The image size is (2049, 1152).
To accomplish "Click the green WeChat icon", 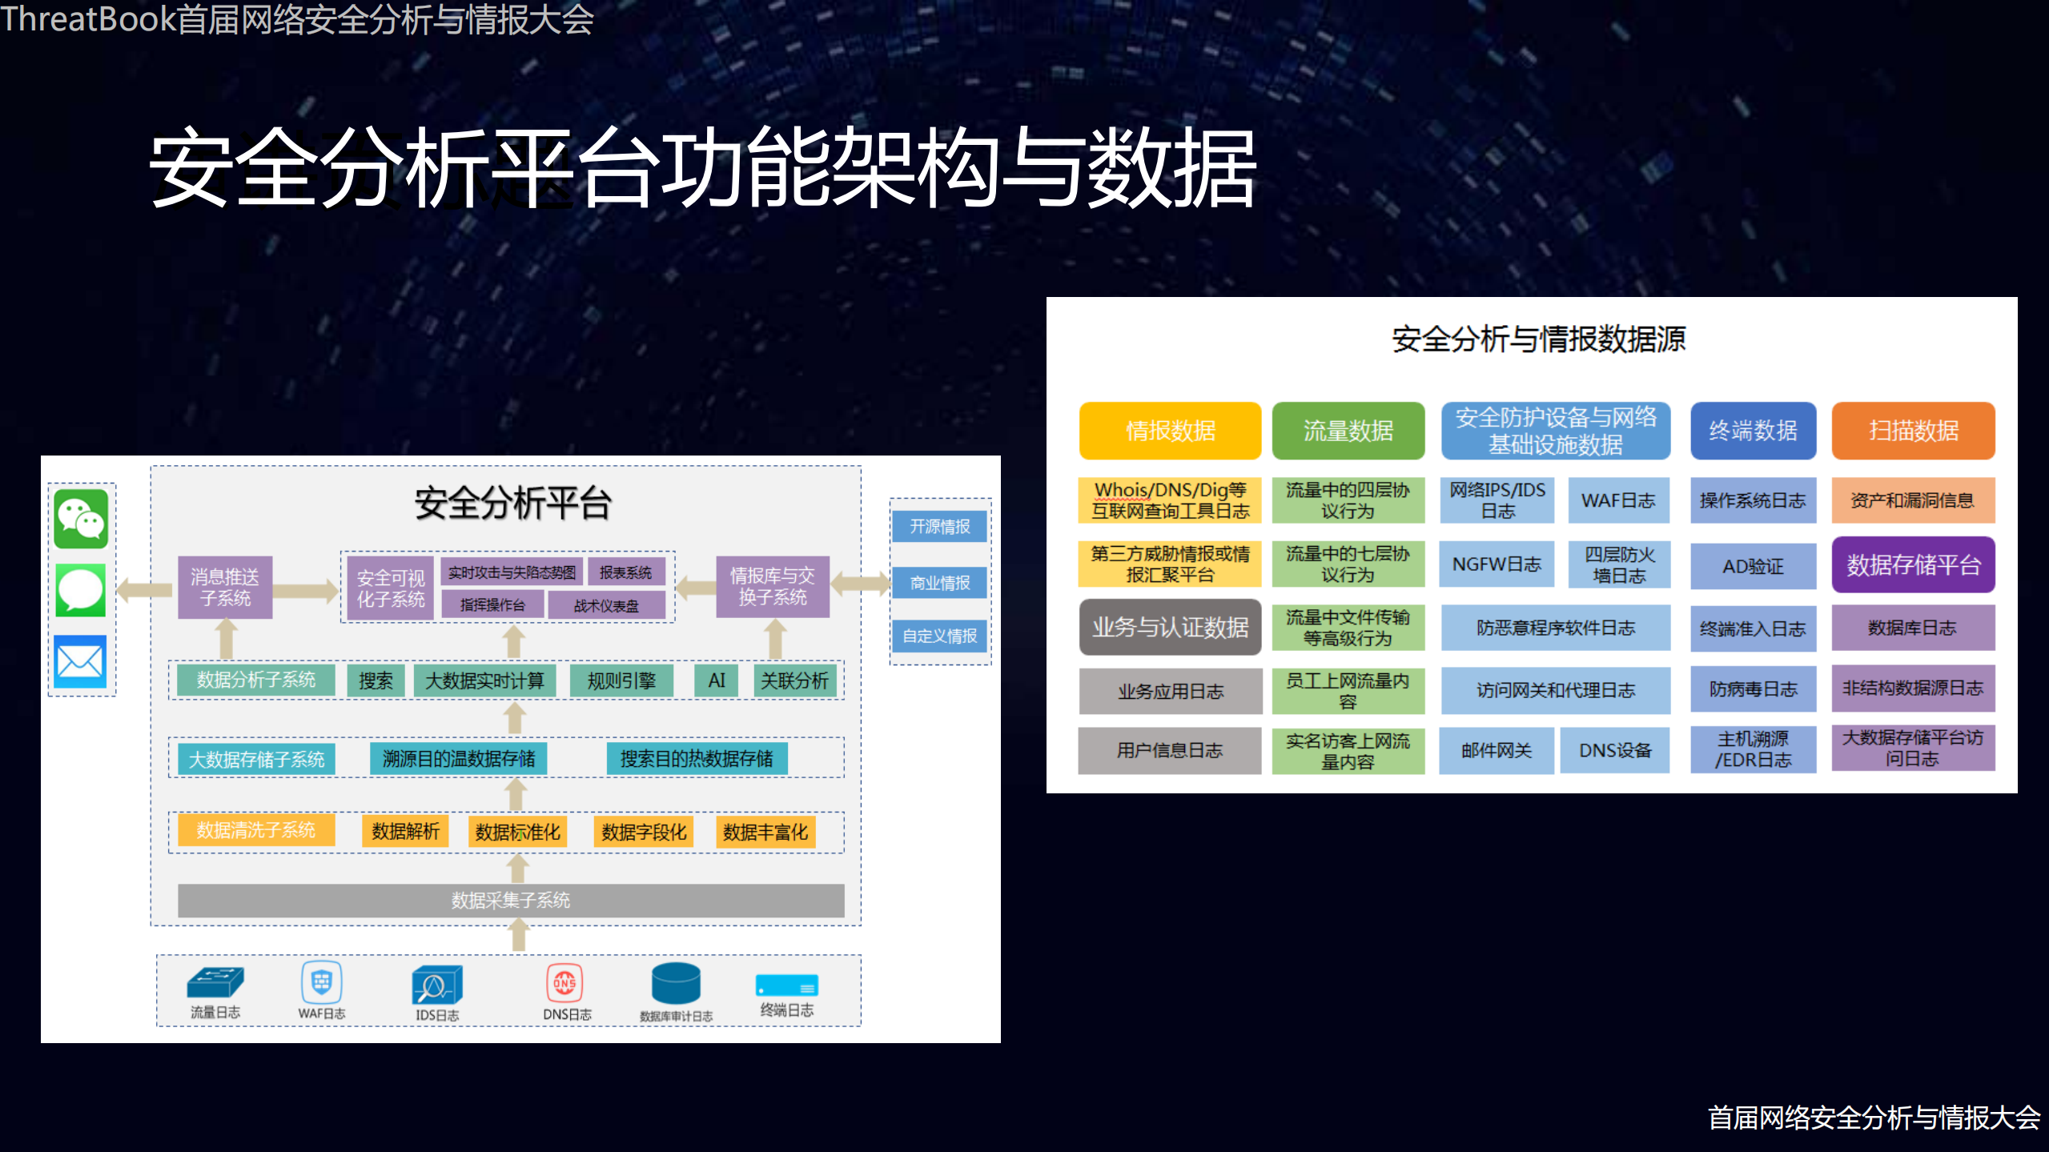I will [x=81, y=520].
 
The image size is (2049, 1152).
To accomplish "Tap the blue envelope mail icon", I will [x=80, y=661].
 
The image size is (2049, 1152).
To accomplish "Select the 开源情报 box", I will [x=939, y=527].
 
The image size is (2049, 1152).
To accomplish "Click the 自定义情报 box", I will [x=939, y=636].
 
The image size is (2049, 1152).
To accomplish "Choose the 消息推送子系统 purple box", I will [x=225, y=588].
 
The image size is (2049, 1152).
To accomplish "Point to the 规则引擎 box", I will [x=621, y=680].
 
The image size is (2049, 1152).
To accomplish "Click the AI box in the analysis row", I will [x=717, y=680].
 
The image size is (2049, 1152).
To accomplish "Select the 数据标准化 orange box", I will [x=517, y=832].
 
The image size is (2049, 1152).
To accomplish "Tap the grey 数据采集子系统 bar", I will [x=511, y=900].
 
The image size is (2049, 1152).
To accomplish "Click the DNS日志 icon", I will [x=564, y=983].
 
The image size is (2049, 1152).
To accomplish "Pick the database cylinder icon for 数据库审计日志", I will [x=676, y=983].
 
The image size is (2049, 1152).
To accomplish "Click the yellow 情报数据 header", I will [x=1170, y=431].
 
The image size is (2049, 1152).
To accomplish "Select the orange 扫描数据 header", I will [x=1913, y=431].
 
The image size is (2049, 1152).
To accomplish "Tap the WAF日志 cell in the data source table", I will [x=1617, y=500].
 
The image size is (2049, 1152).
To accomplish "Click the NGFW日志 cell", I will [x=1496, y=564].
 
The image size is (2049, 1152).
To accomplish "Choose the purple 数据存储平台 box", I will [x=1913, y=564].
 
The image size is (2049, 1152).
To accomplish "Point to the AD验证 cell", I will [x=1752, y=566].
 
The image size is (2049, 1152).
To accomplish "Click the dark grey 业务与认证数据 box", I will [x=1170, y=627].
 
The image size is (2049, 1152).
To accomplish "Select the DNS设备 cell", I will [x=1615, y=750].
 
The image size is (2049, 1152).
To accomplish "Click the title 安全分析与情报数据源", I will [x=1538, y=339].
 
